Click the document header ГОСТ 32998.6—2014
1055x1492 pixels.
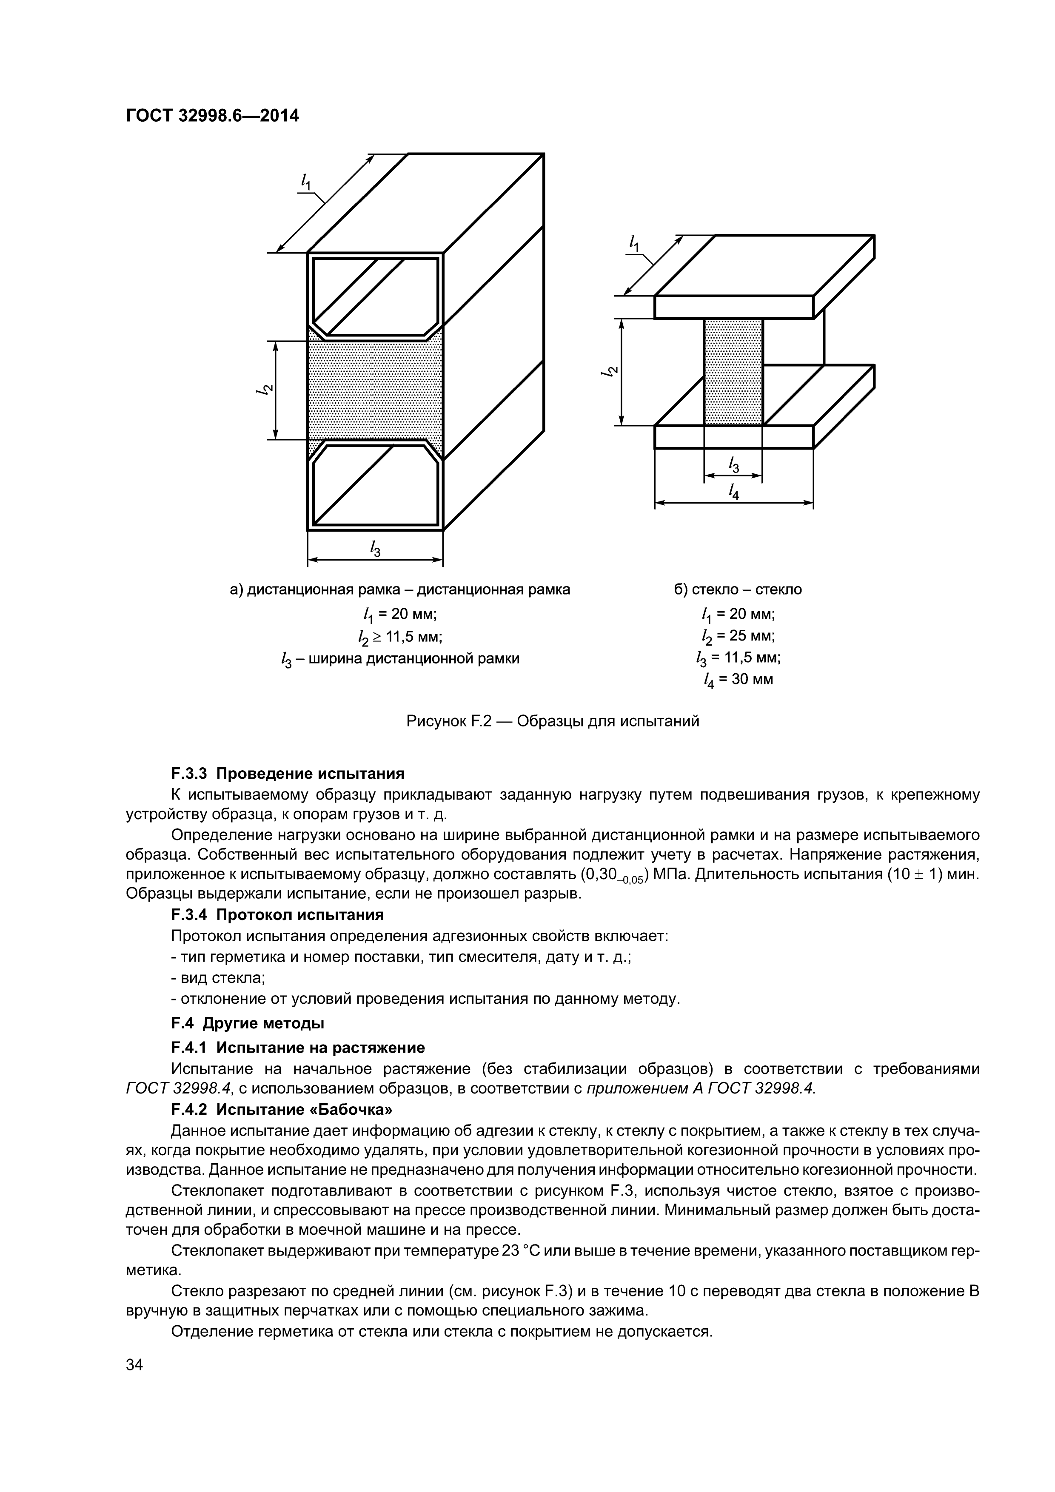(x=212, y=116)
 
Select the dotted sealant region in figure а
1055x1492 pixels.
(x=375, y=390)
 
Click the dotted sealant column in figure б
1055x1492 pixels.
(x=733, y=372)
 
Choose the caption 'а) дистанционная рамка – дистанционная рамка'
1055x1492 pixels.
(x=400, y=590)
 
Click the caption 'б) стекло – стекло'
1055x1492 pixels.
(x=738, y=590)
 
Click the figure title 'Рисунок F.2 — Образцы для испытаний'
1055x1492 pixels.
(x=553, y=721)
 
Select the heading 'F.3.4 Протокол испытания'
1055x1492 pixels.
(x=277, y=915)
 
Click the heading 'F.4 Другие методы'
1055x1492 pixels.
(x=248, y=1023)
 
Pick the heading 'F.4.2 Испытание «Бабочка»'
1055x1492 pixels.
(x=282, y=1109)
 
